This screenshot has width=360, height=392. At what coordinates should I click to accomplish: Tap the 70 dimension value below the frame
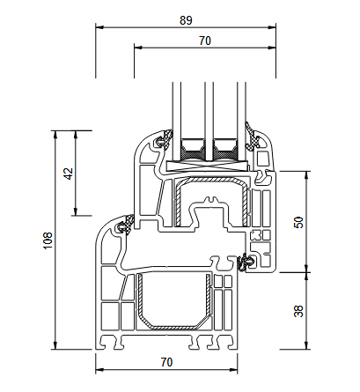tap(167, 361)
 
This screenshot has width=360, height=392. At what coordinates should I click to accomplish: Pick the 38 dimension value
tap(298, 310)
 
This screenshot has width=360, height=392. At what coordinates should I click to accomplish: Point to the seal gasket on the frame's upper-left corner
tap(122, 226)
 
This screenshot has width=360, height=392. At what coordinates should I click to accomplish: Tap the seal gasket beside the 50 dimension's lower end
tap(247, 262)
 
